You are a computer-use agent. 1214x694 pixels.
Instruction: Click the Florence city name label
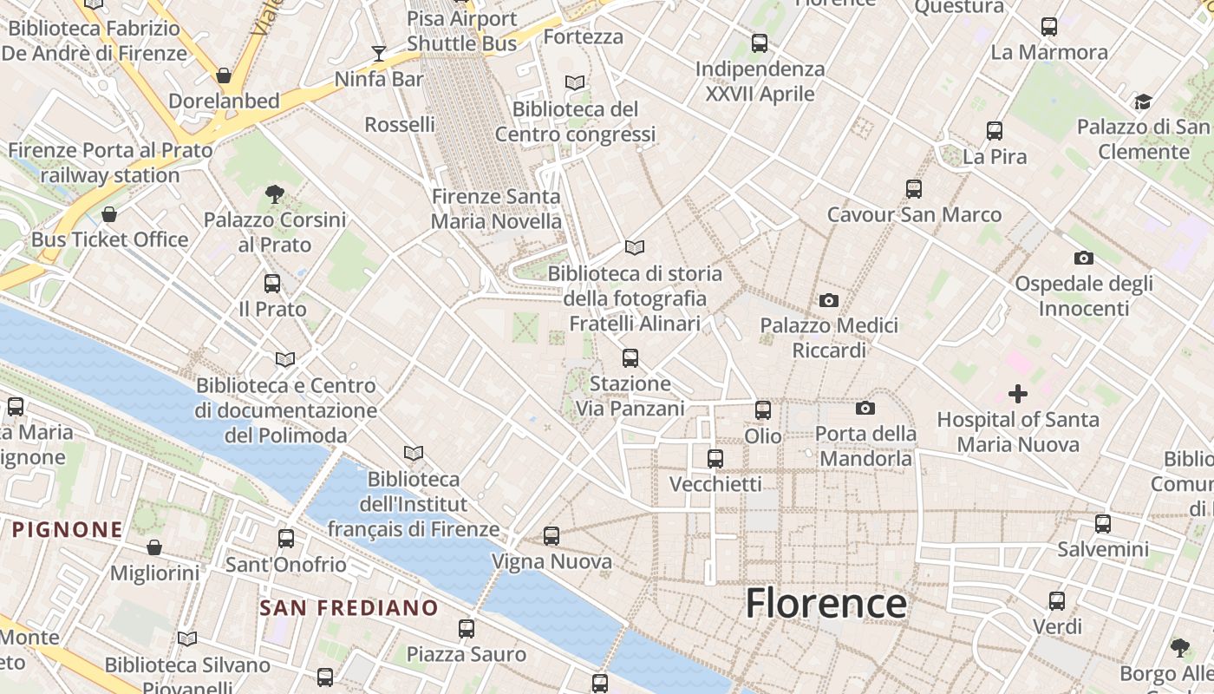point(826,603)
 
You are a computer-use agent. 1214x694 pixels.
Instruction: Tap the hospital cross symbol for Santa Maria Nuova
point(1018,395)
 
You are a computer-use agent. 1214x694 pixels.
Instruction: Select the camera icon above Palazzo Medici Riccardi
point(829,301)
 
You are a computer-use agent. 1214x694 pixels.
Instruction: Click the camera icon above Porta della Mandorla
point(865,409)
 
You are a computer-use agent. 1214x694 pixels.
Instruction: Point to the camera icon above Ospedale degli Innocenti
point(1083,258)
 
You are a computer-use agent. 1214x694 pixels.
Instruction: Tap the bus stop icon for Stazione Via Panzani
point(630,357)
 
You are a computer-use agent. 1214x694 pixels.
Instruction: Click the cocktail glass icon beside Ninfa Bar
point(379,54)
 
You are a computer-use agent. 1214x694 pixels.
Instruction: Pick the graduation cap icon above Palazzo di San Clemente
point(1143,102)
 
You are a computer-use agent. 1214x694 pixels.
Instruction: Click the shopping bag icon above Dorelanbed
point(224,76)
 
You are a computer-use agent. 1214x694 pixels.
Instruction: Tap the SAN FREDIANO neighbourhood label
point(349,608)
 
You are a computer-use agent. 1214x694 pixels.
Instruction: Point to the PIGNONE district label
point(67,529)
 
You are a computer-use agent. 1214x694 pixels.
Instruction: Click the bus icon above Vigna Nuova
point(552,536)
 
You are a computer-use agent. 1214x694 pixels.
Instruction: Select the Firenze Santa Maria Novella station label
point(496,209)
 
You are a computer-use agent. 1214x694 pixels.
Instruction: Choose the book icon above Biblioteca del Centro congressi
point(575,83)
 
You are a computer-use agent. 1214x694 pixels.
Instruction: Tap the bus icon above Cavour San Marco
point(914,189)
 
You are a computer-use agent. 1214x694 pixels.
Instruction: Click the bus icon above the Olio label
point(763,410)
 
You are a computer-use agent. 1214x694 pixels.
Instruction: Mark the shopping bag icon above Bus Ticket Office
point(109,214)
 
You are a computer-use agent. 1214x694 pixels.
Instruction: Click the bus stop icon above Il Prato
point(272,284)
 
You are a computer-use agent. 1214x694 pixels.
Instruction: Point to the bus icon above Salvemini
point(1102,524)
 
